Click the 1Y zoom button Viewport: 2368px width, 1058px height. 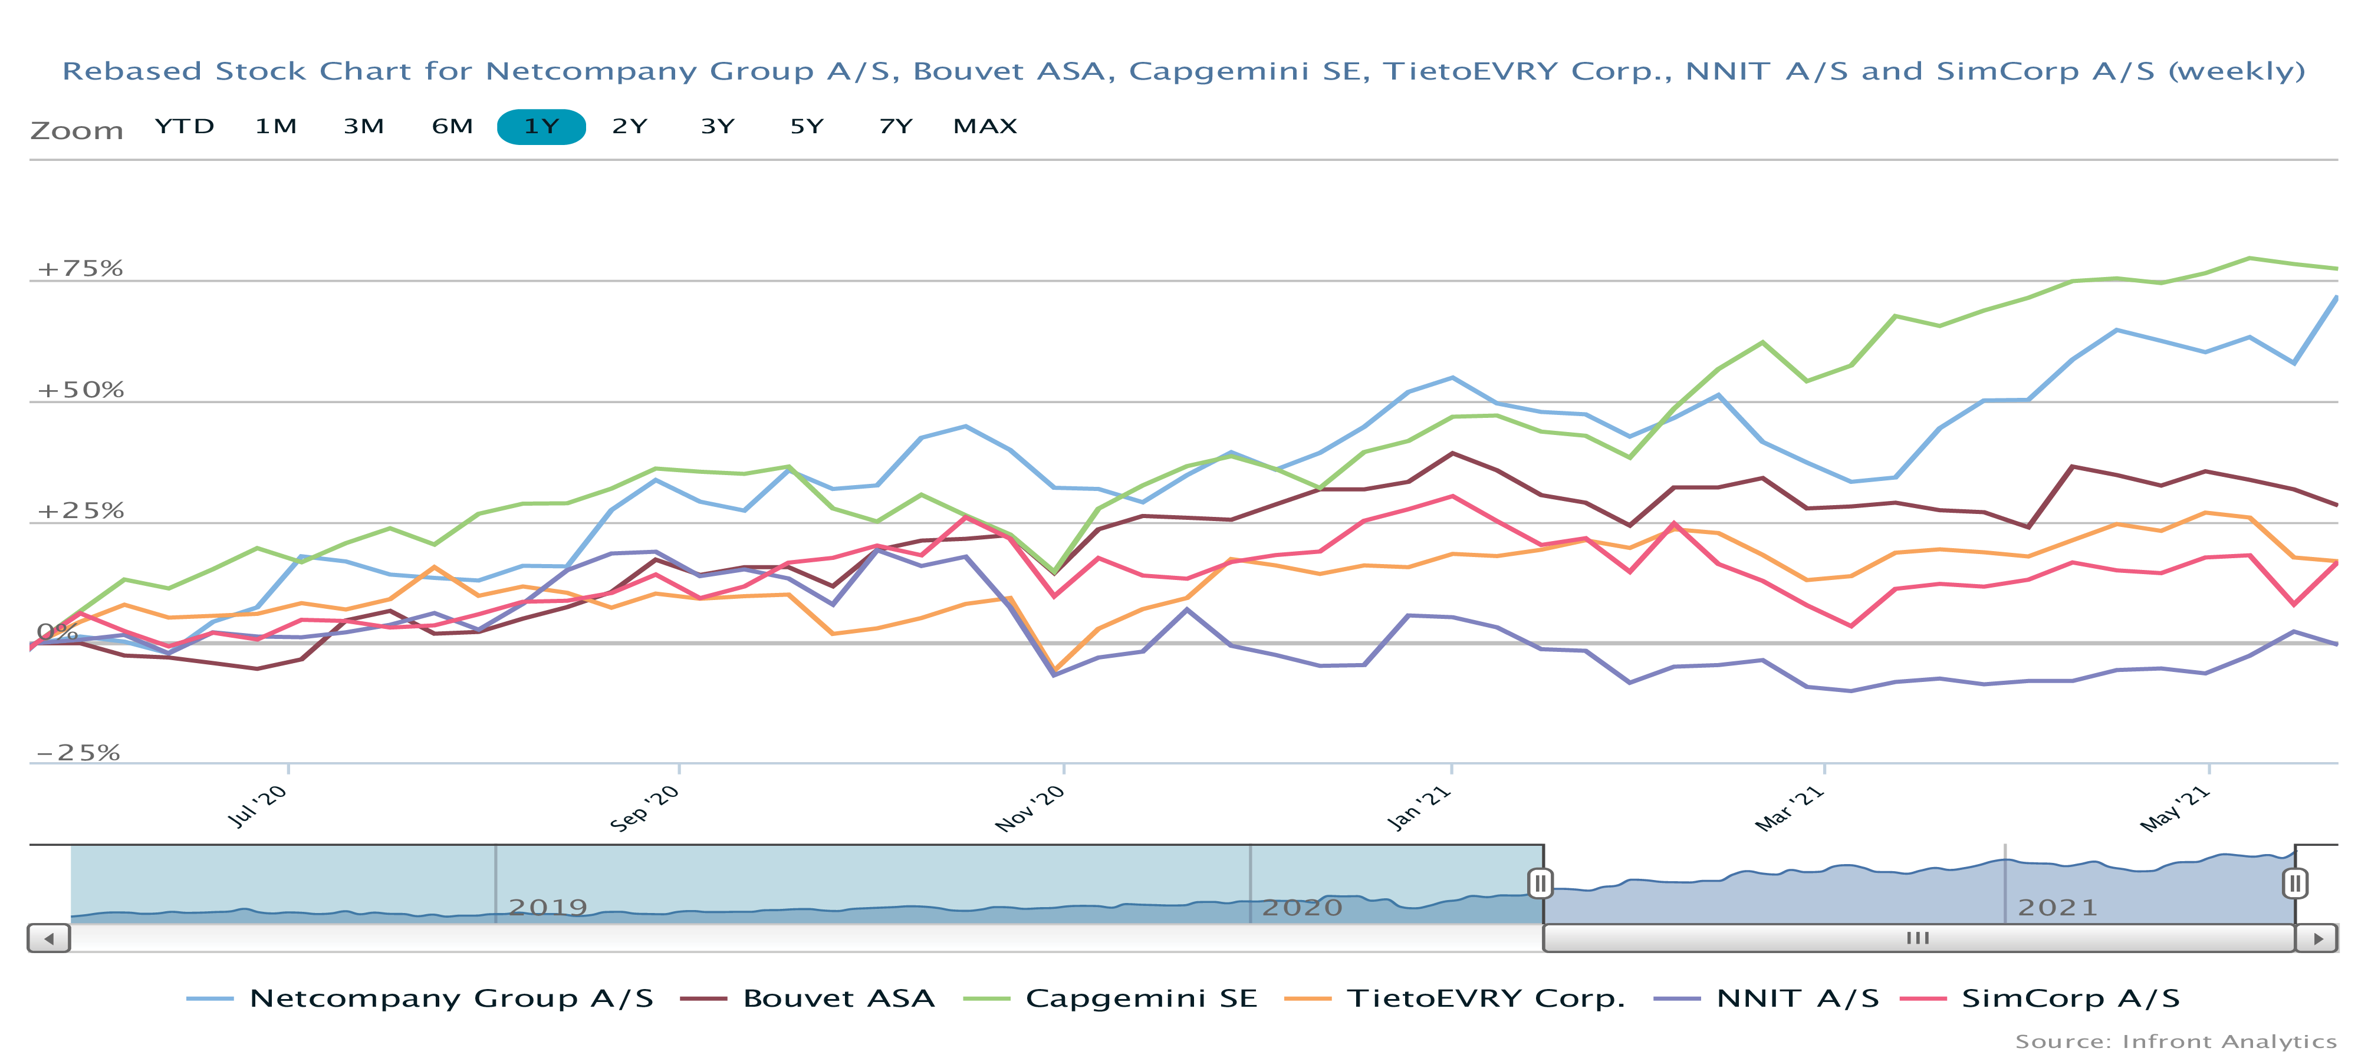click(541, 127)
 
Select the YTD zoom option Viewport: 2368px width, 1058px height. click(184, 127)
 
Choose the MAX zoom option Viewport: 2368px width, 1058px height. click(985, 127)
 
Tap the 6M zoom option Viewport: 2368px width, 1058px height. click(452, 127)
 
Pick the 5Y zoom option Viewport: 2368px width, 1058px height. click(806, 127)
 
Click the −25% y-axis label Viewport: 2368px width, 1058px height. click(78, 753)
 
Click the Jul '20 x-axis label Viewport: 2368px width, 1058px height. click(258, 806)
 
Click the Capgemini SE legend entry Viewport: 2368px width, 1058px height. click(1140, 998)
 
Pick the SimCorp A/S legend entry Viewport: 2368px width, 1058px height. click(2070, 998)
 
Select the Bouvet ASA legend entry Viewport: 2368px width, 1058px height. click(837, 998)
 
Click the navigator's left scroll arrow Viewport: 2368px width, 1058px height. click(49, 938)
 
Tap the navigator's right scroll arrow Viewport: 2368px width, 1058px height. click(2317, 938)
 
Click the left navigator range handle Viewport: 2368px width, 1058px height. click(1541, 884)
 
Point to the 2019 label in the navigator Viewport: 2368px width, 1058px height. click(548, 907)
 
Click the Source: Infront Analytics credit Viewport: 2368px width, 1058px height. click(2175, 1041)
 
